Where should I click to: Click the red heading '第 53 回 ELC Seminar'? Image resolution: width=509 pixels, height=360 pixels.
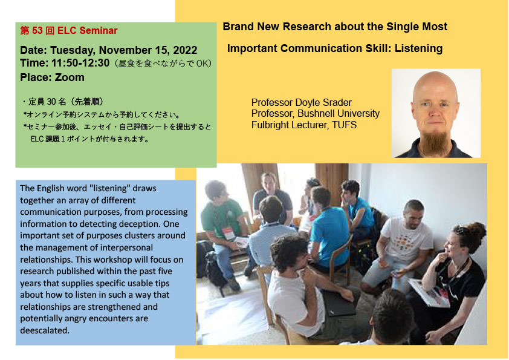click(x=69, y=30)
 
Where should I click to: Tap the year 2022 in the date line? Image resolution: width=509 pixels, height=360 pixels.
click(x=185, y=50)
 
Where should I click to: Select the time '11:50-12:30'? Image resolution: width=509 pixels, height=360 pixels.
click(x=80, y=63)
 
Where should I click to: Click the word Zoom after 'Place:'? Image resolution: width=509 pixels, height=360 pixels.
click(x=70, y=77)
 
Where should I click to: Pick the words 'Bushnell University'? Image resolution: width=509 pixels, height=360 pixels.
click(x=339, y=113)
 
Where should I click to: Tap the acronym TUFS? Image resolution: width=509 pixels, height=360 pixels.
click(x=344, y=125)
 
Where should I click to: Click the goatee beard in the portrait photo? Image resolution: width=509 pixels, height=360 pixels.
click(x=434, y=142)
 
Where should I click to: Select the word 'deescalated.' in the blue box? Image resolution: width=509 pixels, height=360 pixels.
click(x=45, y=330)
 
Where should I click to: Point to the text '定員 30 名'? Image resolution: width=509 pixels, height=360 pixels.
click(x=47, y=102)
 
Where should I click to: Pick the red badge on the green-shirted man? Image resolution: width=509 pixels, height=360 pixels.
click(x=229, y=234)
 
